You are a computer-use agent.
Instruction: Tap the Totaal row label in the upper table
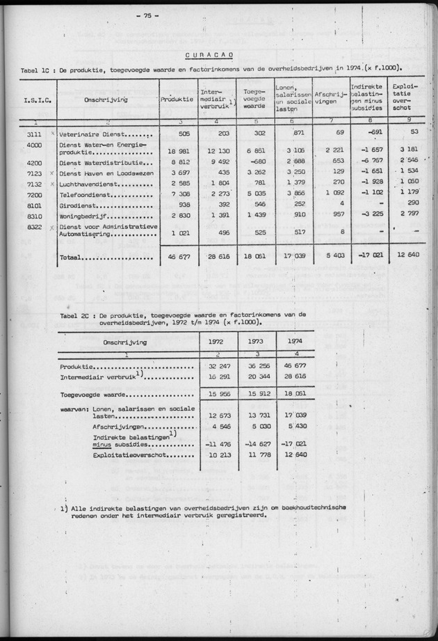70,258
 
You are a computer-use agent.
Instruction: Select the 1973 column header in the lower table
256,342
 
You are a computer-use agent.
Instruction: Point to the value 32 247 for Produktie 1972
218,366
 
